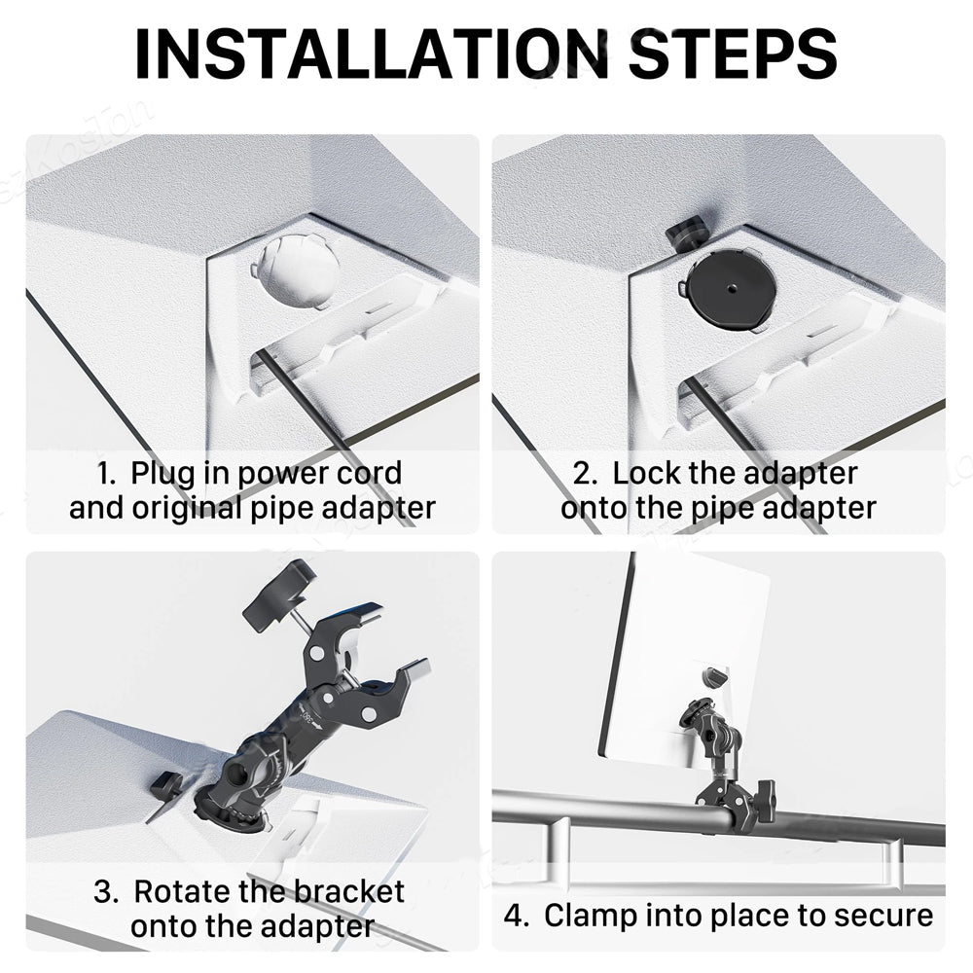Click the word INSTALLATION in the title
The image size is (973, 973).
point(372,54)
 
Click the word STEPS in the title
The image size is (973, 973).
point(734,54)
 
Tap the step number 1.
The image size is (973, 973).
point(105,473)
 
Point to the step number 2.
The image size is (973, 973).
point(585,473)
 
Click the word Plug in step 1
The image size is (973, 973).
point(162,475)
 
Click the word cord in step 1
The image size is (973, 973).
point(369,474)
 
